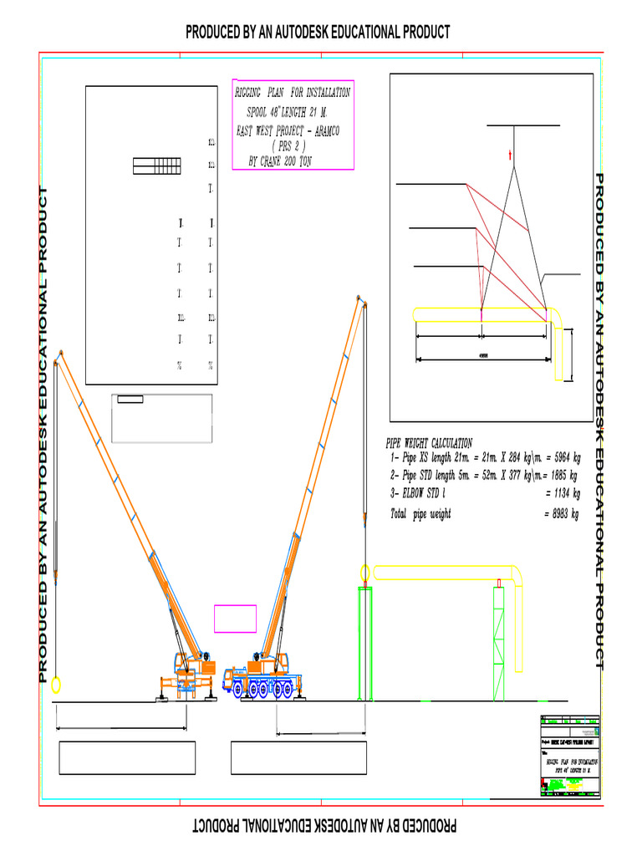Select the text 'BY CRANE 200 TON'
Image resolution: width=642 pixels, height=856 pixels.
(x=280, y=161)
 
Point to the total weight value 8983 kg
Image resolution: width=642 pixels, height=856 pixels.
(x=561, y=514)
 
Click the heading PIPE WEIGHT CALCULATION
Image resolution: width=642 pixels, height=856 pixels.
(x=428, y=443)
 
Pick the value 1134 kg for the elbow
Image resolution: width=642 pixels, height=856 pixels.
(x=561, y=493)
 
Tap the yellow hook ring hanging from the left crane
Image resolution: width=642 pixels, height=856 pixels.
(x=56, y=685)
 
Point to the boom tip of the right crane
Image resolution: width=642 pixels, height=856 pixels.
(x=359, y=298)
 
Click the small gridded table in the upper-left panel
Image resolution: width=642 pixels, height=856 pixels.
(x=156, y=166)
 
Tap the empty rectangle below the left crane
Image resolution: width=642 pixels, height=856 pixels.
(x=127, y=758)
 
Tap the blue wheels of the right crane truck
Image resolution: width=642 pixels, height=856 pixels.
(x=266, y=689)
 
